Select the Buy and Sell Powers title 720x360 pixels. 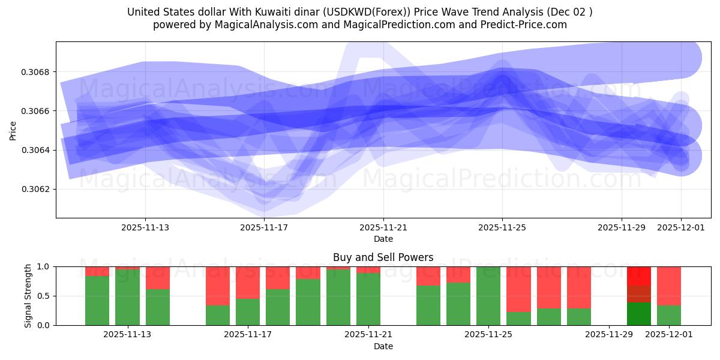click(383, 257)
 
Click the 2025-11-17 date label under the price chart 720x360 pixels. click(264, 227)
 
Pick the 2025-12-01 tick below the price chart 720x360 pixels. click(680, 227)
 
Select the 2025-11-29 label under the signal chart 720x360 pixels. click(609, 335)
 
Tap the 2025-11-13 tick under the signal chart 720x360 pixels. click(127, 335)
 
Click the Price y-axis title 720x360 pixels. click(13, 130)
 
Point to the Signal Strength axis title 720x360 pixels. click(28, 296)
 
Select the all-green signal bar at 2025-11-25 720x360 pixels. click(488, 296)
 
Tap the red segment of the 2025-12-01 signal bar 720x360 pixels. click(669, 286)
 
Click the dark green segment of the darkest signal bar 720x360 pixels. click(639, 314)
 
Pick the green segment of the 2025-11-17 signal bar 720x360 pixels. click(248, 312)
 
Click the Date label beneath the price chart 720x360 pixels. click(383, 239)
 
